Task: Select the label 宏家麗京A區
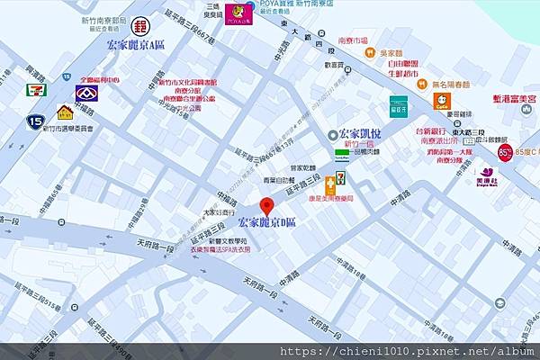136,44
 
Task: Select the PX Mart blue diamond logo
87,93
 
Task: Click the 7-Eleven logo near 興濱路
37,90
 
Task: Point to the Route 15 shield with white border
35,120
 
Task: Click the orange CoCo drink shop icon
442,103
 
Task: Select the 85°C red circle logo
505,151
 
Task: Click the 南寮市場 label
352,41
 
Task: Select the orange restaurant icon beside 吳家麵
370,52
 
